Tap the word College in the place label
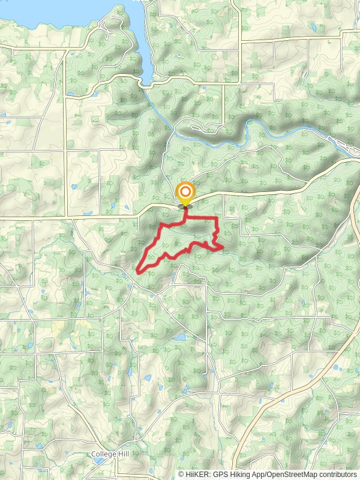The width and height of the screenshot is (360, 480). pyautogui.click(x=103, y=454)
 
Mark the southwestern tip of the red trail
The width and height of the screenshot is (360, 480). pyautogui.click(x=139, y=271)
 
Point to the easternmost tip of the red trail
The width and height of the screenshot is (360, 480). pyautogui.click(x=223, y=247)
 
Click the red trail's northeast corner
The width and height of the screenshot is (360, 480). pyautogui.click(x=215, y=218)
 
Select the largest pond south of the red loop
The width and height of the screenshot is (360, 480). pyautogui.click(x=179, y=337)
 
